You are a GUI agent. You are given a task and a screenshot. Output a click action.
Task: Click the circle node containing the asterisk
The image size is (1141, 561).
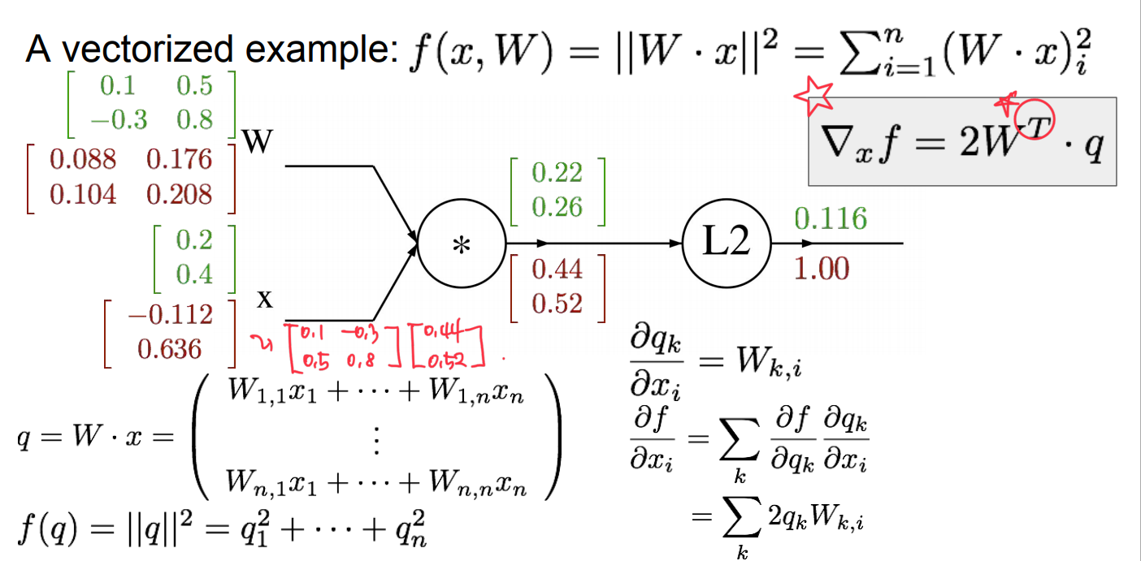[461, 243]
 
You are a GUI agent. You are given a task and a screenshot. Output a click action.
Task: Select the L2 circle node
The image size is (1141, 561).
[727, 243]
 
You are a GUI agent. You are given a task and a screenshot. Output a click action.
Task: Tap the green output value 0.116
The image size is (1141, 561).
[830, 218]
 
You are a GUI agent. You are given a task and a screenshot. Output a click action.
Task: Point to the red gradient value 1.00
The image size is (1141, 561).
[821, 269]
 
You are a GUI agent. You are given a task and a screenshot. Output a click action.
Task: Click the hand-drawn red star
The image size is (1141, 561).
[813, 96]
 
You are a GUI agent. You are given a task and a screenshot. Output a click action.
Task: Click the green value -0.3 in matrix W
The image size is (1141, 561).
[119, 120]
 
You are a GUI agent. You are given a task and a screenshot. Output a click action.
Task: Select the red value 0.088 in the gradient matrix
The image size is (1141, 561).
[83, 159]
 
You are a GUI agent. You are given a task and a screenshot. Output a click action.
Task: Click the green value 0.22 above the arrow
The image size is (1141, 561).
[557, 172]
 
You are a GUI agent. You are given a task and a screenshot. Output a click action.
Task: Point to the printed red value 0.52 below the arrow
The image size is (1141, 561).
[557, 304]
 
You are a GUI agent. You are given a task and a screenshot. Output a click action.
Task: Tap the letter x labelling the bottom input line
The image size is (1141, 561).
[264, 299]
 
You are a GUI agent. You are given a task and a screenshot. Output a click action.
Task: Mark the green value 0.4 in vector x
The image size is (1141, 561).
[193, 274]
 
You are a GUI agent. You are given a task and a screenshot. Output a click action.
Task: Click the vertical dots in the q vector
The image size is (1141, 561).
[375, 440]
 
